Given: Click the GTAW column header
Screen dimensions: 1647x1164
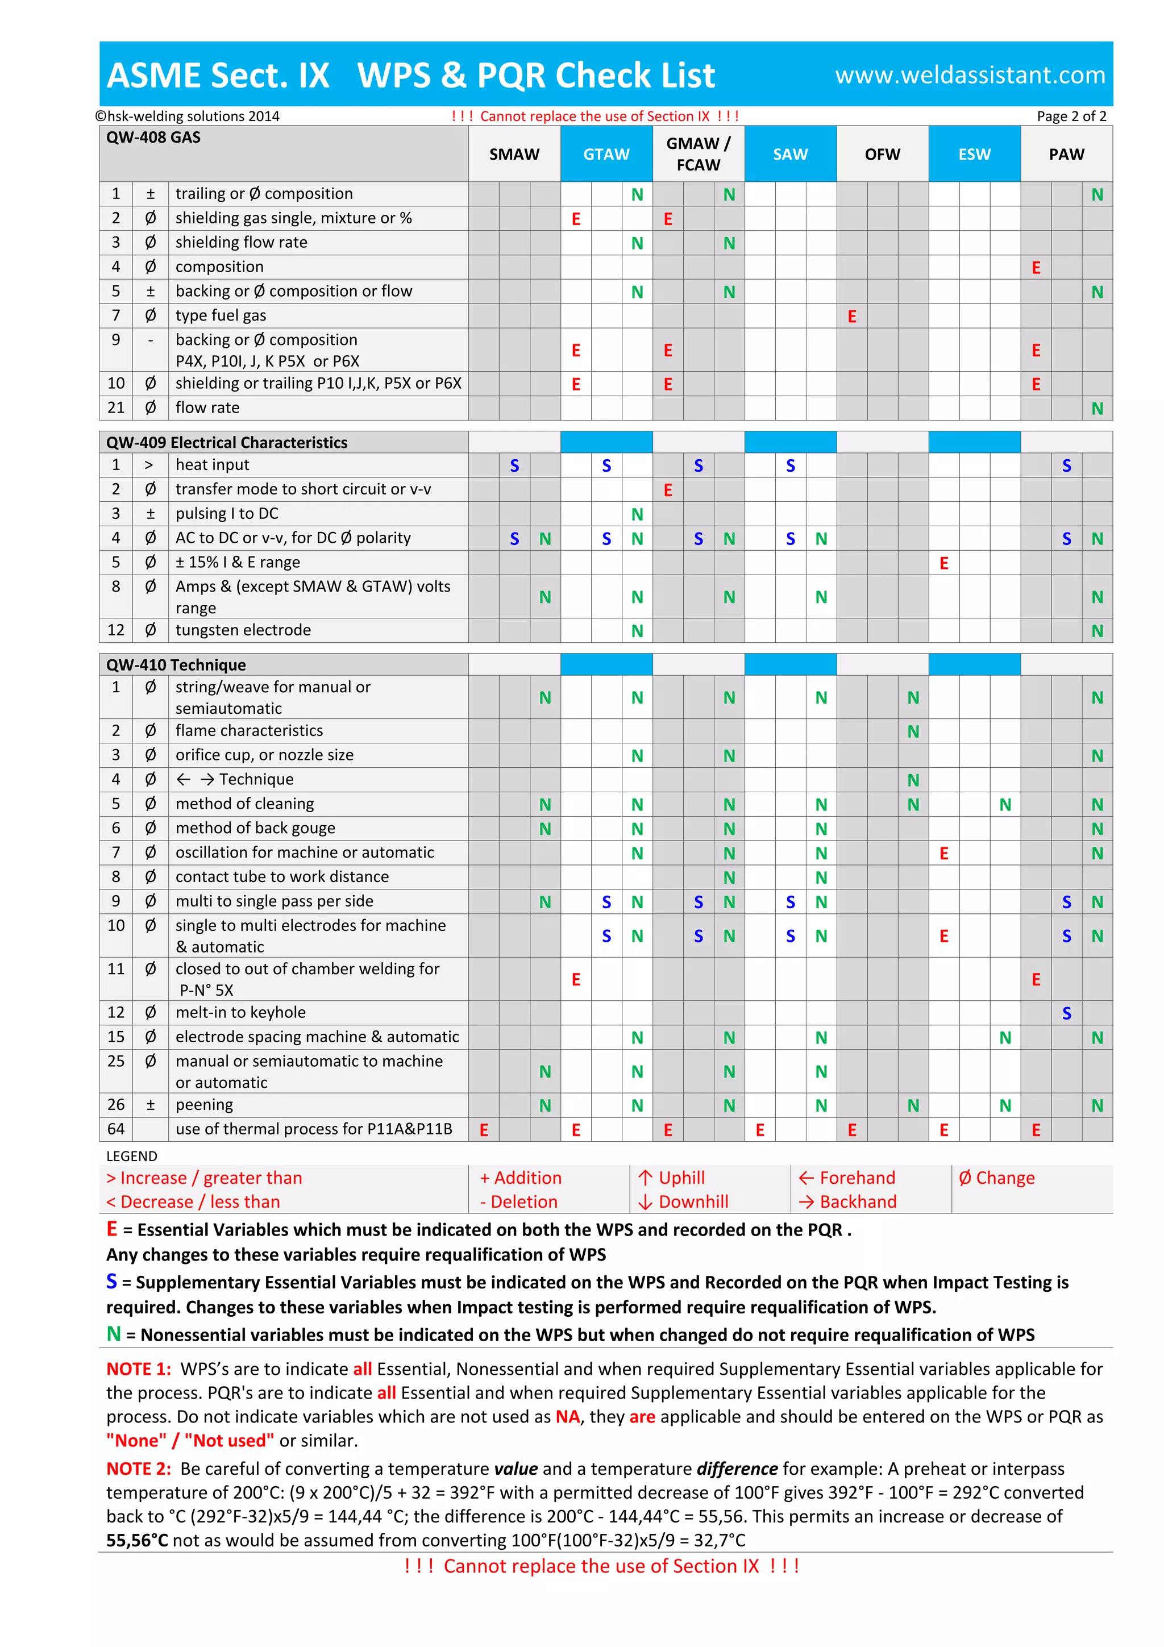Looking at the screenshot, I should (606, 154).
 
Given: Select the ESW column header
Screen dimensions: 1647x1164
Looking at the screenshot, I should (974, 154).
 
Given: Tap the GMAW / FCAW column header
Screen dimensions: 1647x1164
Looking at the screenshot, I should (698, 153).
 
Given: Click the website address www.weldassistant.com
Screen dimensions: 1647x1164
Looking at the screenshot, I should (970, 74).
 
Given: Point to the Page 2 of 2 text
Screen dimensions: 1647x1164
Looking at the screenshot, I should (1071, 116).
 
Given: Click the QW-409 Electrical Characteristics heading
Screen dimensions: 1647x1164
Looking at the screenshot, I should (227, 443).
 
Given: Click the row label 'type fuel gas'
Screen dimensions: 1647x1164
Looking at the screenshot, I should (221, 315).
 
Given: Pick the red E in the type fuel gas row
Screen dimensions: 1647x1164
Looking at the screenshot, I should (851, 317).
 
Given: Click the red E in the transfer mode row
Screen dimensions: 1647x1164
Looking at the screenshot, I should (668, 490).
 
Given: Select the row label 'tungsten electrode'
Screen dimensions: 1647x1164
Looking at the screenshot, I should (243, 630).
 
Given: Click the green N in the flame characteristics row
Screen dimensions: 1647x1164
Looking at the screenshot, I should (913, 731).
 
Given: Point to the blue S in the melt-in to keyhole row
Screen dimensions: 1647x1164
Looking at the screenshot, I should (1066, 1013).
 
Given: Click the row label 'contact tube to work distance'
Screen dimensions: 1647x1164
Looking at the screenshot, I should (282, 876).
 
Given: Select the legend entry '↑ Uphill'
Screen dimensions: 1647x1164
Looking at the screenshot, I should (671, 1178).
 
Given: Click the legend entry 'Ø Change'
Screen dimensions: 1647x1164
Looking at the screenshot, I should (996, 1178).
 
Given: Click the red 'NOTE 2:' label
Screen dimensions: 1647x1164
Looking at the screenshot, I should (139, 1469).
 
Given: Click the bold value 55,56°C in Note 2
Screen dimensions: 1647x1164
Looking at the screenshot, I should (137, 1540).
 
